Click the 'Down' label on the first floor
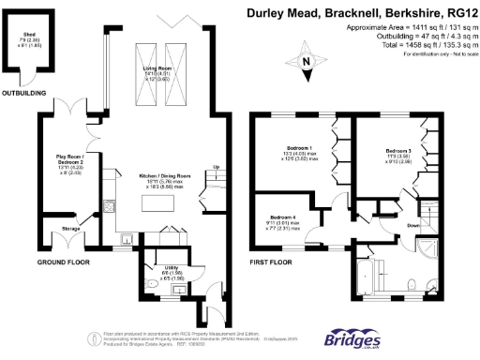[413, 225]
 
